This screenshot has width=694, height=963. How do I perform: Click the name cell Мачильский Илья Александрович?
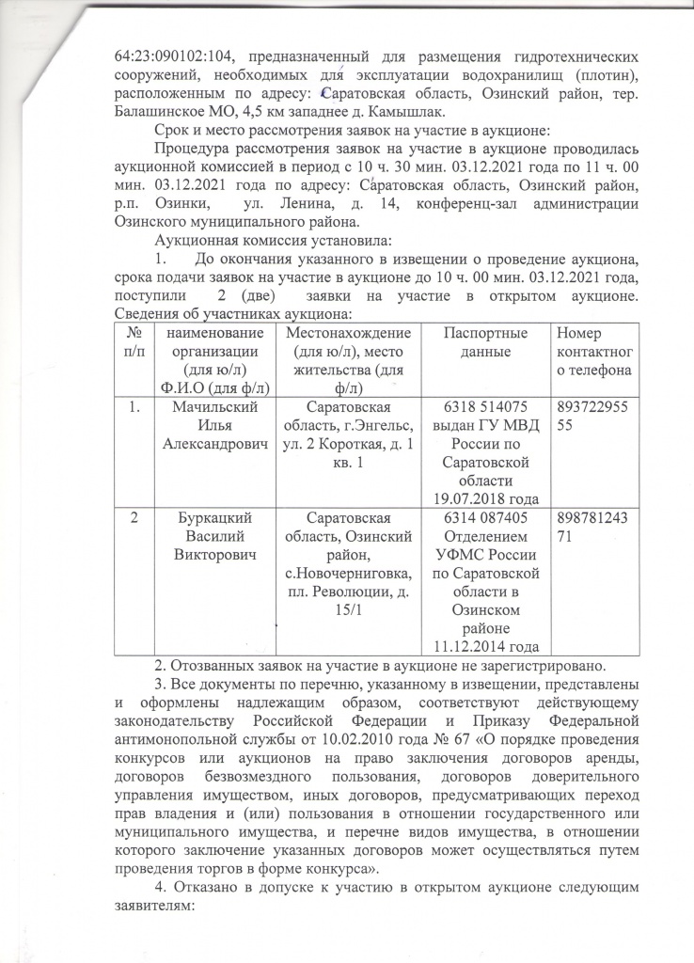[x=211, y=423]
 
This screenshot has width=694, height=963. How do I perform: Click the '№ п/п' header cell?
[x=134, y=341]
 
